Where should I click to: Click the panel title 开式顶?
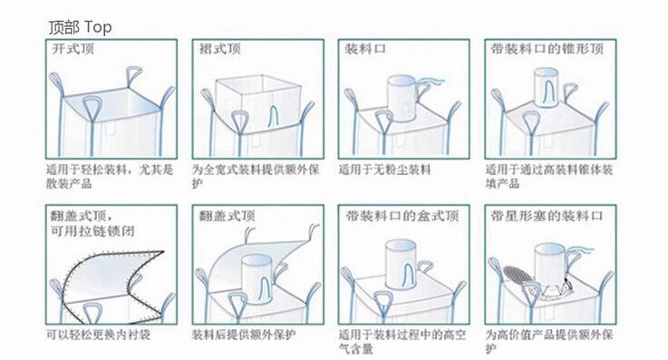[73, 51]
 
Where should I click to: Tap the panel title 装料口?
[363, 51]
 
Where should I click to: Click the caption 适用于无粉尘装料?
[384, 170]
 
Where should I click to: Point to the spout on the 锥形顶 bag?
[546, 92]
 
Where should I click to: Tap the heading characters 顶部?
[63, 27]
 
